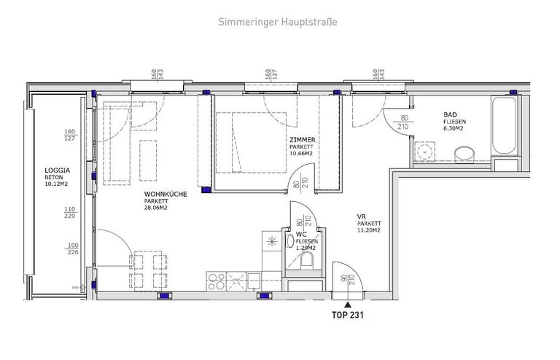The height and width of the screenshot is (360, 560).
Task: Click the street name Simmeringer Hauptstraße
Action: pos(278,22)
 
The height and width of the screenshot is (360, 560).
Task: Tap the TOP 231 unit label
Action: pos(348,316)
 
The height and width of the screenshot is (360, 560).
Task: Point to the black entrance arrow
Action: pos(348,304)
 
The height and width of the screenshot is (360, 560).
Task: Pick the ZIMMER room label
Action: pos(301,138)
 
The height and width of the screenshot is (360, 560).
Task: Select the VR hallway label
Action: pos(360,216)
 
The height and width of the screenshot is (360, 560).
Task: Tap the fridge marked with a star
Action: pos(273,241)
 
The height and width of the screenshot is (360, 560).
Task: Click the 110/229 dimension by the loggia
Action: pos(71,212)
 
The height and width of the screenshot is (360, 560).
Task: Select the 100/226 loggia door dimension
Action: pos(71,249)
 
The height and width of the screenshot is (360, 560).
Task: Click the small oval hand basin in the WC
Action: pos(290,240)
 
